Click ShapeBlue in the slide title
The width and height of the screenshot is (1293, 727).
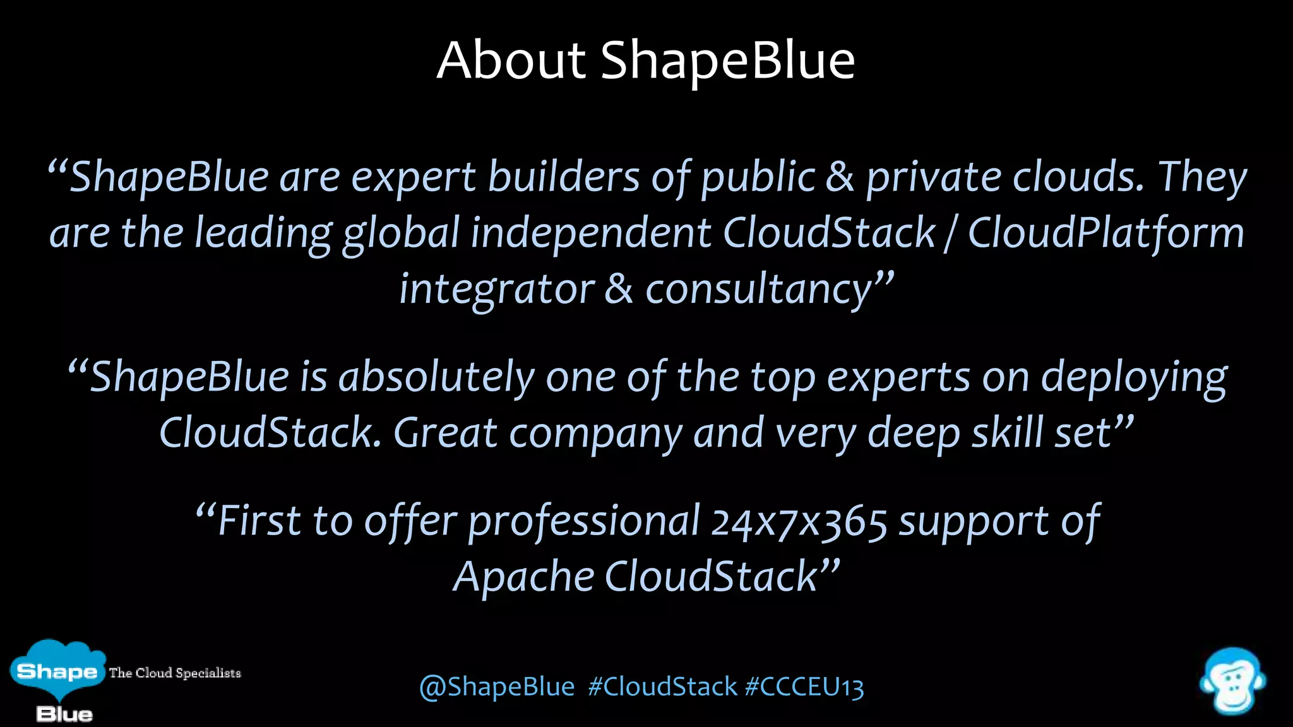[x=727, y=61]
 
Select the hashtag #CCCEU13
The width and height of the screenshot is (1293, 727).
[x=804, y=687]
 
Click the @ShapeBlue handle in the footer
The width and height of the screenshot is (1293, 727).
[x=497, y=687]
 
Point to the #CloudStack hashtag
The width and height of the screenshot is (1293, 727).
[x=662, y=687]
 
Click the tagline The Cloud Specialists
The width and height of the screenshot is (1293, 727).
[x=175, y=673]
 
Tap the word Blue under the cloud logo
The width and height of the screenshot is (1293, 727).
[x=64, y=714]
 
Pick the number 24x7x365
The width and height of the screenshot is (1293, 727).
[x=799, y=523]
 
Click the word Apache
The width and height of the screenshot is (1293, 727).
[x=523, y=577]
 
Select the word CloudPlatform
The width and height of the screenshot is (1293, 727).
[x=1105, y=233]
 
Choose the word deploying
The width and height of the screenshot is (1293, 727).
[x=1134, y=377]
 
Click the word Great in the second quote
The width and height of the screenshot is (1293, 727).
[x=446, y=434]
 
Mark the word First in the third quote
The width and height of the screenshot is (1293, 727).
[x=259, y=521]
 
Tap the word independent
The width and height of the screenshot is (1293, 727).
[x=591, y=233]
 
